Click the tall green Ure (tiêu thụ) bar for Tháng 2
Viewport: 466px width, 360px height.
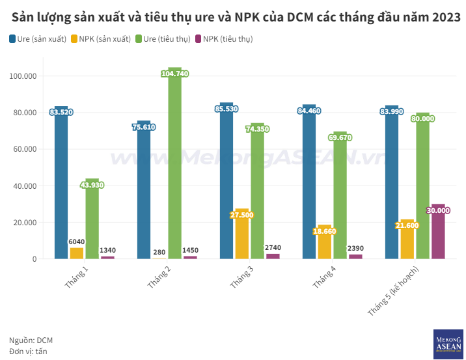[174, 169]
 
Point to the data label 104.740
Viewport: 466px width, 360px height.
[174, 74]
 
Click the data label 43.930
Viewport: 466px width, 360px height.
[92, 185]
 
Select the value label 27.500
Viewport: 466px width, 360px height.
[242, 215]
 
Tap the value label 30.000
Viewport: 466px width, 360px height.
[438, 210]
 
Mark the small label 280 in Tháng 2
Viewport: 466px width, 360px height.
[159, 251]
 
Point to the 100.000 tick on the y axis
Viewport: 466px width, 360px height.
[23, 76]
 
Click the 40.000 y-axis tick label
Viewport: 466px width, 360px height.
[24, 186]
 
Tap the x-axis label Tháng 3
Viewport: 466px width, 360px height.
[241, 278]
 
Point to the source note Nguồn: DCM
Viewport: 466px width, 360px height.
[31, 340]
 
